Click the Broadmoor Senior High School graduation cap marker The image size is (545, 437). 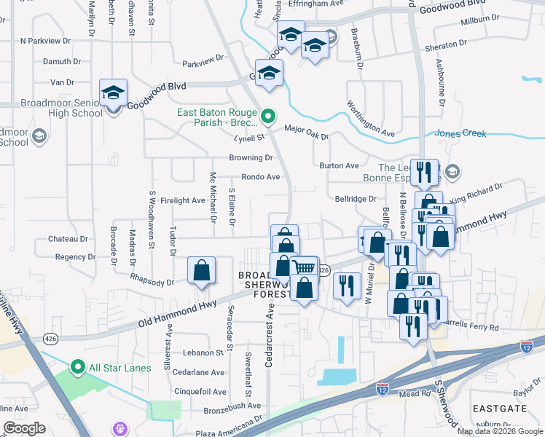114,92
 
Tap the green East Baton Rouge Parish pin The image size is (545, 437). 268,114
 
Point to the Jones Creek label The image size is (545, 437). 460,133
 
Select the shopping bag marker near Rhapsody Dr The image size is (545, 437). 201,271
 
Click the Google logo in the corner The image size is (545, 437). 25,428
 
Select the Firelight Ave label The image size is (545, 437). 183,200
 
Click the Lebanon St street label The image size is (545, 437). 203,353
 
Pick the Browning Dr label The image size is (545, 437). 251,157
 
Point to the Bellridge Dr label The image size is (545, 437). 355,198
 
